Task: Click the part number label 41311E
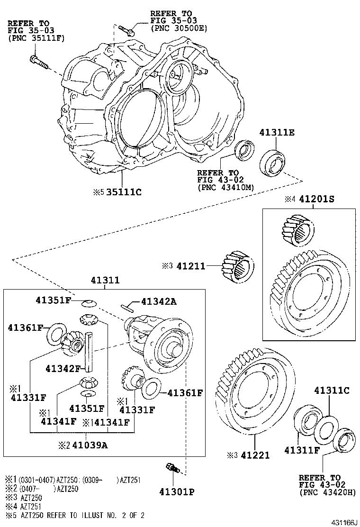coord(277,133)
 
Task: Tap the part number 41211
coord(191,266)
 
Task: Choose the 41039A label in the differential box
coord(89,445)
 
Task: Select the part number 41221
coord(255,455)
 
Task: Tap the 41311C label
coord(332,391)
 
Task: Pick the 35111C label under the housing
coord(124,192)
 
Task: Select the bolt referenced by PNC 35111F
coord(38,62)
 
